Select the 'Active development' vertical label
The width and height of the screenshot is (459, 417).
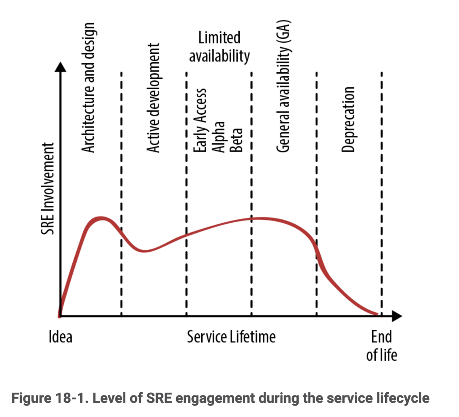click(153, 98)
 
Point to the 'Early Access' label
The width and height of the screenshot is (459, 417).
click(200, 120)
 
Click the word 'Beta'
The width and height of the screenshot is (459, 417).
click(236, 140)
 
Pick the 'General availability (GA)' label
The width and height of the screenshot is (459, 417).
click(283, 86)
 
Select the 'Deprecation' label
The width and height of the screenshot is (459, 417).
click(348, 119)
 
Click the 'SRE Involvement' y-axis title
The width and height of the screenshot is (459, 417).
click(48, 188)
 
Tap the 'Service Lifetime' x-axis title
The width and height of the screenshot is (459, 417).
click(231, 337)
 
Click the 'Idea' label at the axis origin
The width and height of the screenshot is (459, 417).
click(60, 337)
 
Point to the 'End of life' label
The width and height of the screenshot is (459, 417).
click(381, 346)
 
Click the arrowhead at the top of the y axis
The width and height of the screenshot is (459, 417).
click(61, 67)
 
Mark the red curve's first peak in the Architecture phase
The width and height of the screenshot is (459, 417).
click(102, 218)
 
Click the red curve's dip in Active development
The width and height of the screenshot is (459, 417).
click(144, 251)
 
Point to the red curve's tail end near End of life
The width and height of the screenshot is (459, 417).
click(376, 314)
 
